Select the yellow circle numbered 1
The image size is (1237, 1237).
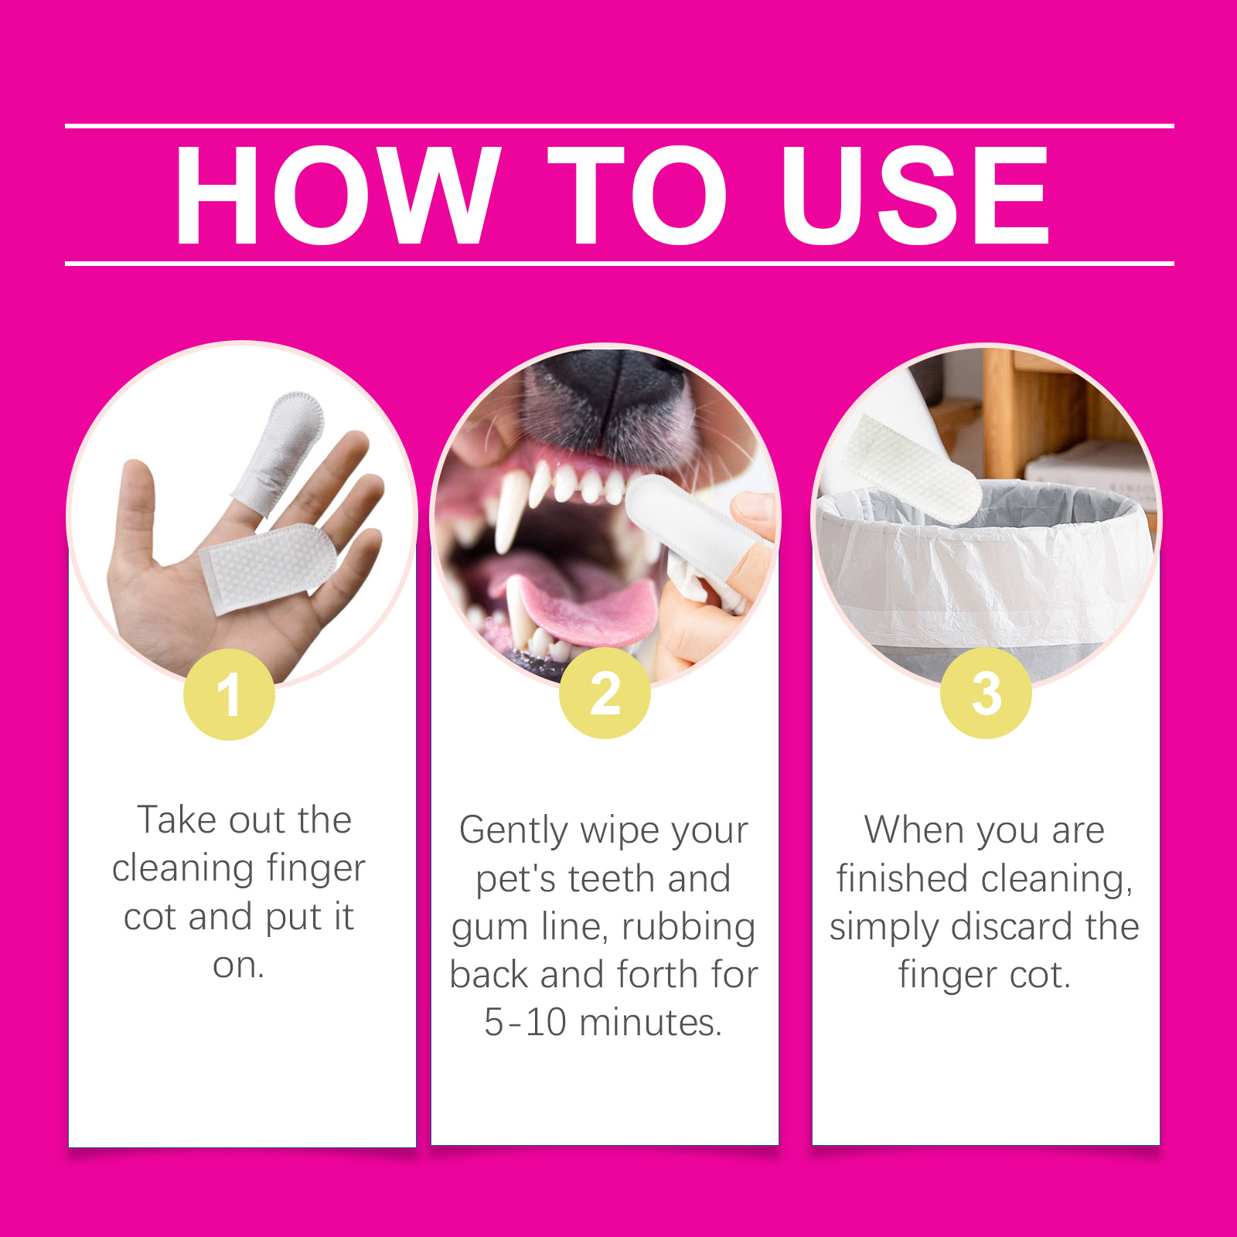click(229, 694)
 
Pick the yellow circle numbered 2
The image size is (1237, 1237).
click(605, 693)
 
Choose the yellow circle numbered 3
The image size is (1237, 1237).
click(986, 693)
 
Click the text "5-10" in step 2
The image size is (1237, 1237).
click(526, 1022)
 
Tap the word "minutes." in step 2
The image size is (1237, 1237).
click(651, 1022)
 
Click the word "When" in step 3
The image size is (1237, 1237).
click(913, 830)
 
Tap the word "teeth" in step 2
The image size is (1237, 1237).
click(612, 879)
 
